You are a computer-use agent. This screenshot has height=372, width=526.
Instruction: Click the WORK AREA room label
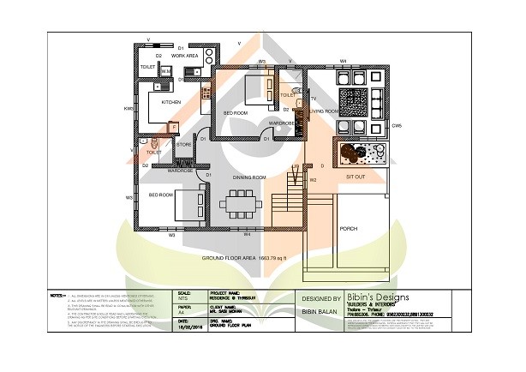tap(185, 56)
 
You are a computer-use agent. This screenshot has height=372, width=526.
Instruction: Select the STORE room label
tap(184, 145)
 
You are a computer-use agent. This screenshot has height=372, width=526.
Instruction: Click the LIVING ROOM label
tap(325, 111)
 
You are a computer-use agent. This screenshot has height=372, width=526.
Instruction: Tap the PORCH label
tap(348, 229)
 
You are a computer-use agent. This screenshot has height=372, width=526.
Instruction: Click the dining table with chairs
tap(242, 206)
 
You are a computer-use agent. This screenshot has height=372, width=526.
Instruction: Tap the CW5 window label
tap(397, 126)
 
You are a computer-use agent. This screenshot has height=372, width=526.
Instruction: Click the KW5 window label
tap(129, 109)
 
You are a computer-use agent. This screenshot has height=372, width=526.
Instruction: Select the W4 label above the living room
tap(343, 61)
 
